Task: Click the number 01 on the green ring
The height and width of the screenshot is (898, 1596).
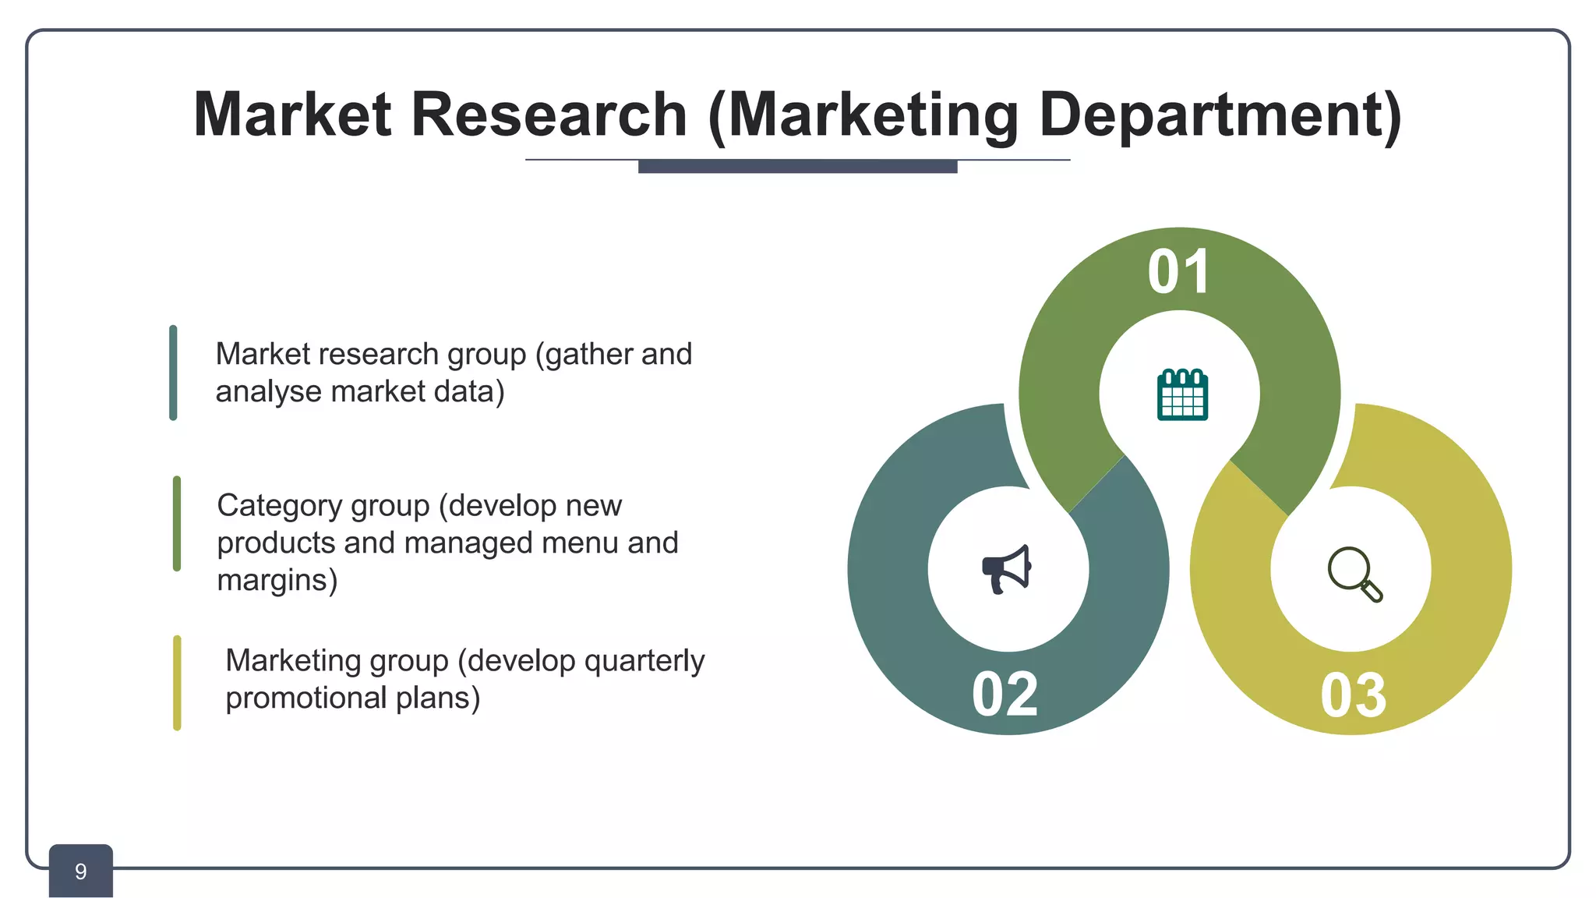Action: pos(1178,272)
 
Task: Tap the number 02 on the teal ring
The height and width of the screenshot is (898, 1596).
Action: pos(1005,694)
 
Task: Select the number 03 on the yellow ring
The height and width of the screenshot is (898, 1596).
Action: pos(1354,695)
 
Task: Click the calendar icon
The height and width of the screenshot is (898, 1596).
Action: pos(1182,395)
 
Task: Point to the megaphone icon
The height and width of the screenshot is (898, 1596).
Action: pos(1007,570)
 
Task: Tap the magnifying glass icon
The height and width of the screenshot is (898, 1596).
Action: pos(1354,574)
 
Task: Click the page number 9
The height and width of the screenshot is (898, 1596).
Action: pos(80,871)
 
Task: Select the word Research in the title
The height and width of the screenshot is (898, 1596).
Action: pos(549,115)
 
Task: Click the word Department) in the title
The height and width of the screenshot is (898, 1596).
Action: pos(1220,116)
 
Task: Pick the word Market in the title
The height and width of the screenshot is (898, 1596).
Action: pos(292,115)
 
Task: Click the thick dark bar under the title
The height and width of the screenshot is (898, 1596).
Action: pos(797,166)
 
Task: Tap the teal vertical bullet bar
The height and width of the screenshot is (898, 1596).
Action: pos(173,373)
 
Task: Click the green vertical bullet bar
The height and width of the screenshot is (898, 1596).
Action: pos(177,524)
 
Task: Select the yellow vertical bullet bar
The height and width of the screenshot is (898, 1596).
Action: pos(177,683)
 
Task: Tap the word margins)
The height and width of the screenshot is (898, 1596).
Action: pos(277,580)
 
